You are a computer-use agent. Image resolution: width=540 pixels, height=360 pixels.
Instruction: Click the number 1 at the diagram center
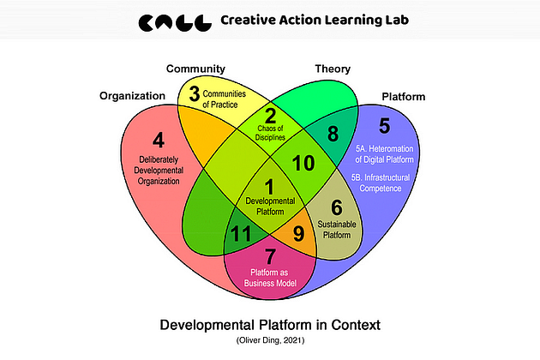click(269, 184)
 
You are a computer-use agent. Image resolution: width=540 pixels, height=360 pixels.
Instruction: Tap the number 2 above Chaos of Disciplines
click(269, 117)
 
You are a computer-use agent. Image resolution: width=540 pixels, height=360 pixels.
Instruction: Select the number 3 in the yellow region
click(195, 94)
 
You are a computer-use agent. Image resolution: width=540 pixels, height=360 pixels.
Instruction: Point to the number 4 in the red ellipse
click(158, 140)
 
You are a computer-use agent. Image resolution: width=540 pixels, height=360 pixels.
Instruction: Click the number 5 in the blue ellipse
click(384, 126)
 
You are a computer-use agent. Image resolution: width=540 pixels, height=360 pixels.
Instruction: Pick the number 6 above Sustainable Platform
click(336, 207)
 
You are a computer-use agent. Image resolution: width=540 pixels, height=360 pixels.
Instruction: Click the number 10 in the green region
click(303, 162)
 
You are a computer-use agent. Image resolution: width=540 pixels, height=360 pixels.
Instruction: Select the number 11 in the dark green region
click(241, 231)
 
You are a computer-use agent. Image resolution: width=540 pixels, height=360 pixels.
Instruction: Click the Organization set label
click(132, 96)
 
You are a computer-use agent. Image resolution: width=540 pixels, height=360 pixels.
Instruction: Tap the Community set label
click(195, 69)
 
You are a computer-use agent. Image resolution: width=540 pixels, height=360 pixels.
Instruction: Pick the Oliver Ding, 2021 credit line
click(270, 342)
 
